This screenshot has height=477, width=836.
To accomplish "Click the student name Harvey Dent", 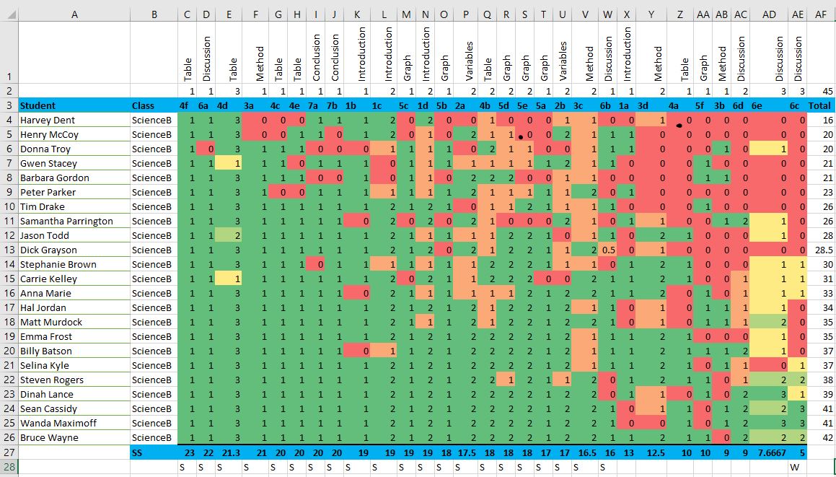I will coord(47,120).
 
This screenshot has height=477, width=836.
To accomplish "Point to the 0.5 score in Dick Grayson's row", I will coord(608,250).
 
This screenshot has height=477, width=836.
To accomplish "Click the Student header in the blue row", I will coord(38,105).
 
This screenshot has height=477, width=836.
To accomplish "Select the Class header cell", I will coord(143,105).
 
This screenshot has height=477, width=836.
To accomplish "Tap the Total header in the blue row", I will coord(821,105).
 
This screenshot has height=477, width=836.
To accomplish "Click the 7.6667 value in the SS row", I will coord(770,452).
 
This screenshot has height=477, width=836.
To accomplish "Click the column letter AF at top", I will coord(821,14).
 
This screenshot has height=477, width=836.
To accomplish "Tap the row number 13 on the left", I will coord(9,250).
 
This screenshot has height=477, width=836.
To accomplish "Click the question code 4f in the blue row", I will coord(185,105).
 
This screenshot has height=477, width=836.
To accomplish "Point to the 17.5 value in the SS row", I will coord(465,452).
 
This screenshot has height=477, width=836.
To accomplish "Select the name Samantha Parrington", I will coord(66,221).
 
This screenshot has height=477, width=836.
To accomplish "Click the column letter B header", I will coord(154,14).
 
